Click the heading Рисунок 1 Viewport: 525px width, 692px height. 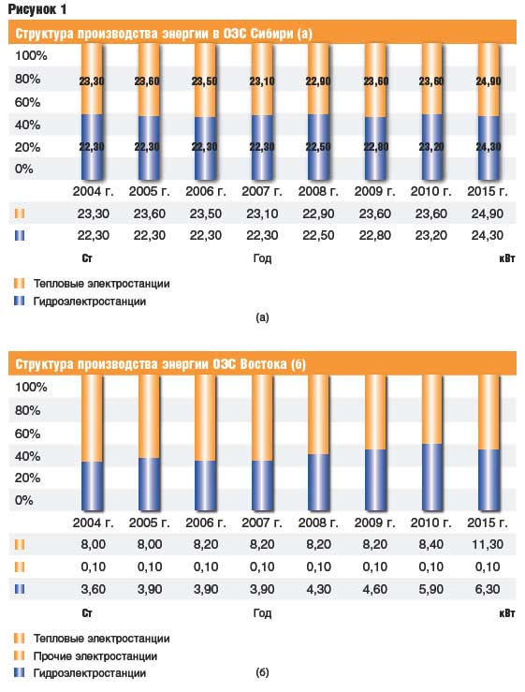[37, 9]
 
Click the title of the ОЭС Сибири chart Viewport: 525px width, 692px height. [164, 34]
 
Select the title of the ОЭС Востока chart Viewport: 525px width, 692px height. [161, 364]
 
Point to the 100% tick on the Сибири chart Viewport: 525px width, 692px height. [31, 55]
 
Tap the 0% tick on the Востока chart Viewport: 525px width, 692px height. [23, 500]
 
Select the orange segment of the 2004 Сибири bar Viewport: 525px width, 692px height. [92, 79]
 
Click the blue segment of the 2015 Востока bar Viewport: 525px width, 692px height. [489, 479]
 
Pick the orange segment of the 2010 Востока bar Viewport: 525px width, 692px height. [431, 409]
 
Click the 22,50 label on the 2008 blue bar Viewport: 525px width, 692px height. [318, 146]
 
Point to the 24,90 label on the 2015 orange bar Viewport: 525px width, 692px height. [489, 81]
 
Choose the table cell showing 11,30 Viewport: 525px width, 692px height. [488, 544]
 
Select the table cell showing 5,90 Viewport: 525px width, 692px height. [431, 589]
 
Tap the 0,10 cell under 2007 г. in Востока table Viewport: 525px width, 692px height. [262, 567]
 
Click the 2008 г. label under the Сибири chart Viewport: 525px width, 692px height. [318, 192]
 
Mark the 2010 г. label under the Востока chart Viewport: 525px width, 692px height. [431, 523]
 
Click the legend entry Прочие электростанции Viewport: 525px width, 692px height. [95, 656]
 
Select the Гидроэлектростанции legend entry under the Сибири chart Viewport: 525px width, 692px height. [90, 302]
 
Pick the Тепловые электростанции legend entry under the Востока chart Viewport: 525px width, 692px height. [101, 639]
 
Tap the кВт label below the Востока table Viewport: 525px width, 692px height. [507, 613]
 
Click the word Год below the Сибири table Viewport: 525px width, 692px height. [262, 258]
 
